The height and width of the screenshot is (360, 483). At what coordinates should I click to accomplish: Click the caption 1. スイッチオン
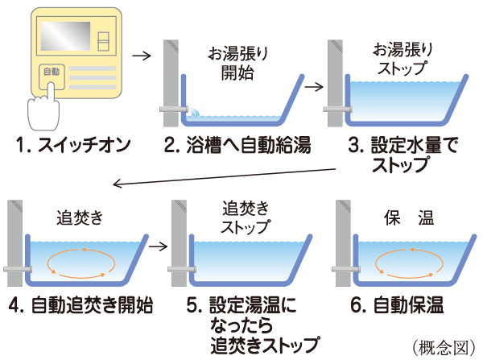pos(72,147)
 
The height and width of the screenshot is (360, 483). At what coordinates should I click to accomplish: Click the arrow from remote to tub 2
pos(141,56)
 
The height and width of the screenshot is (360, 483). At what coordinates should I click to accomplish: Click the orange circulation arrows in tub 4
pos(80,264)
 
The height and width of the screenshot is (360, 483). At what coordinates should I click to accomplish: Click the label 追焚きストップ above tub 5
pos(246,214)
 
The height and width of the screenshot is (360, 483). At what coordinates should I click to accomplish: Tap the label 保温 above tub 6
pos(408,217)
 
